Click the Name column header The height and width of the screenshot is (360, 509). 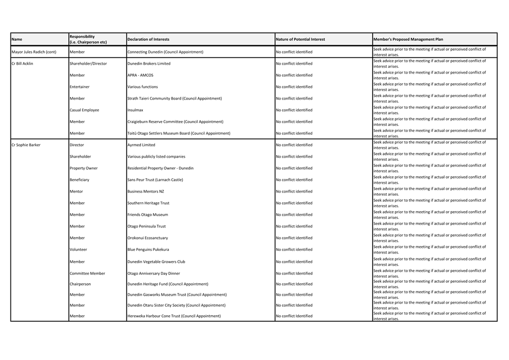17,39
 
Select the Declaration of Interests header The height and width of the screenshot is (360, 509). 148,39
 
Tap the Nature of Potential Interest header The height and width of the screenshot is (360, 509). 300,39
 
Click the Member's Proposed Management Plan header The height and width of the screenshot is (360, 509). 408,39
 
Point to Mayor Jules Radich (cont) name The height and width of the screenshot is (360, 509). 34,52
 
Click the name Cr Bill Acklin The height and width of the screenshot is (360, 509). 22,64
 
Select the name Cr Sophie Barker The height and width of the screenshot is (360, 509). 26,145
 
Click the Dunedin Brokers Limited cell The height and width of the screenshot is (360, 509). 149,64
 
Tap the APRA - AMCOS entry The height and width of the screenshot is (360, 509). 140,75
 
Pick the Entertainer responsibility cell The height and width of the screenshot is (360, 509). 80,87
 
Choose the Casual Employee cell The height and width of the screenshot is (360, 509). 84,110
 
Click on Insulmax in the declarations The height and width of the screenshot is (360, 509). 135,110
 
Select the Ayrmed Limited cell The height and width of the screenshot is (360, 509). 141,145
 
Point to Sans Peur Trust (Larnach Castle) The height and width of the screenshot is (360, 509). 155,180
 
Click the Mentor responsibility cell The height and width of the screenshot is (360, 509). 76,191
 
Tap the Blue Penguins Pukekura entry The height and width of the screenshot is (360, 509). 148,249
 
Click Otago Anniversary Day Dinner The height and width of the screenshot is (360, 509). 154,273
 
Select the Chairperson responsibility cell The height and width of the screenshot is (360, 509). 80,284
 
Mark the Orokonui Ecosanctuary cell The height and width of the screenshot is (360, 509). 148,238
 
